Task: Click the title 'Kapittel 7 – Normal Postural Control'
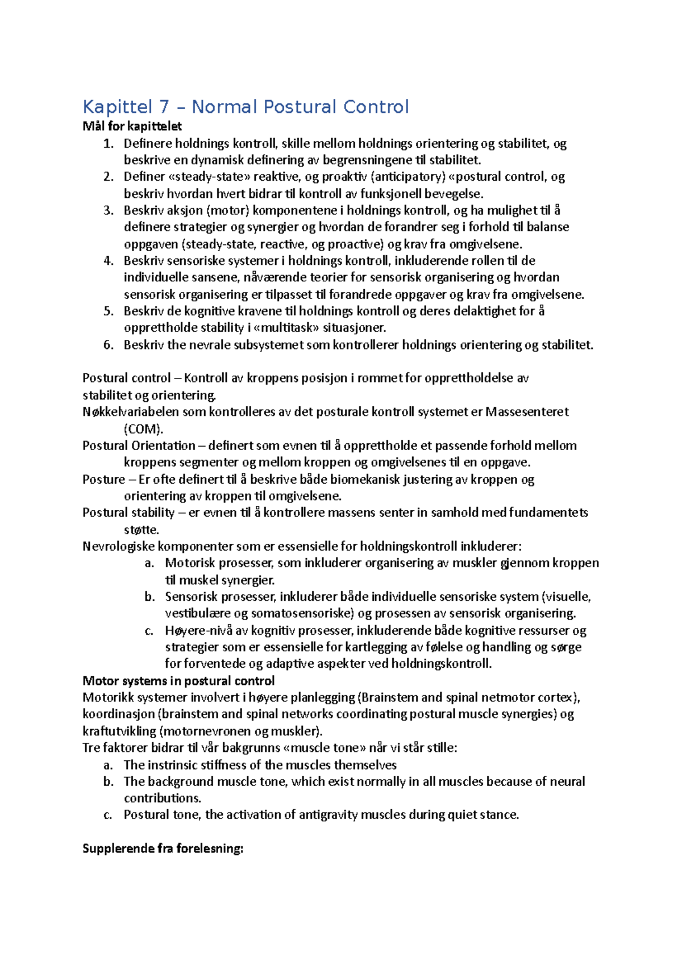[x=246, y=107]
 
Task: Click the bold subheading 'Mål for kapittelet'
[x=132, y=126]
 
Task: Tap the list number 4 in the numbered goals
[x=109, y=261]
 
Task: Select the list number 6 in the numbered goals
[x=109, y=345]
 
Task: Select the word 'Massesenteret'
[x=527, y=412]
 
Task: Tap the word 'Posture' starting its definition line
[x=103, y=479]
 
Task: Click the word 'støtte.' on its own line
[x=142, y=530]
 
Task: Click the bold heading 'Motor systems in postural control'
[x=178, y=681]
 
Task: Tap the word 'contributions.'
[x=163, y=798]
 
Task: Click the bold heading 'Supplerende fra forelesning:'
[x=163, y=848]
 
